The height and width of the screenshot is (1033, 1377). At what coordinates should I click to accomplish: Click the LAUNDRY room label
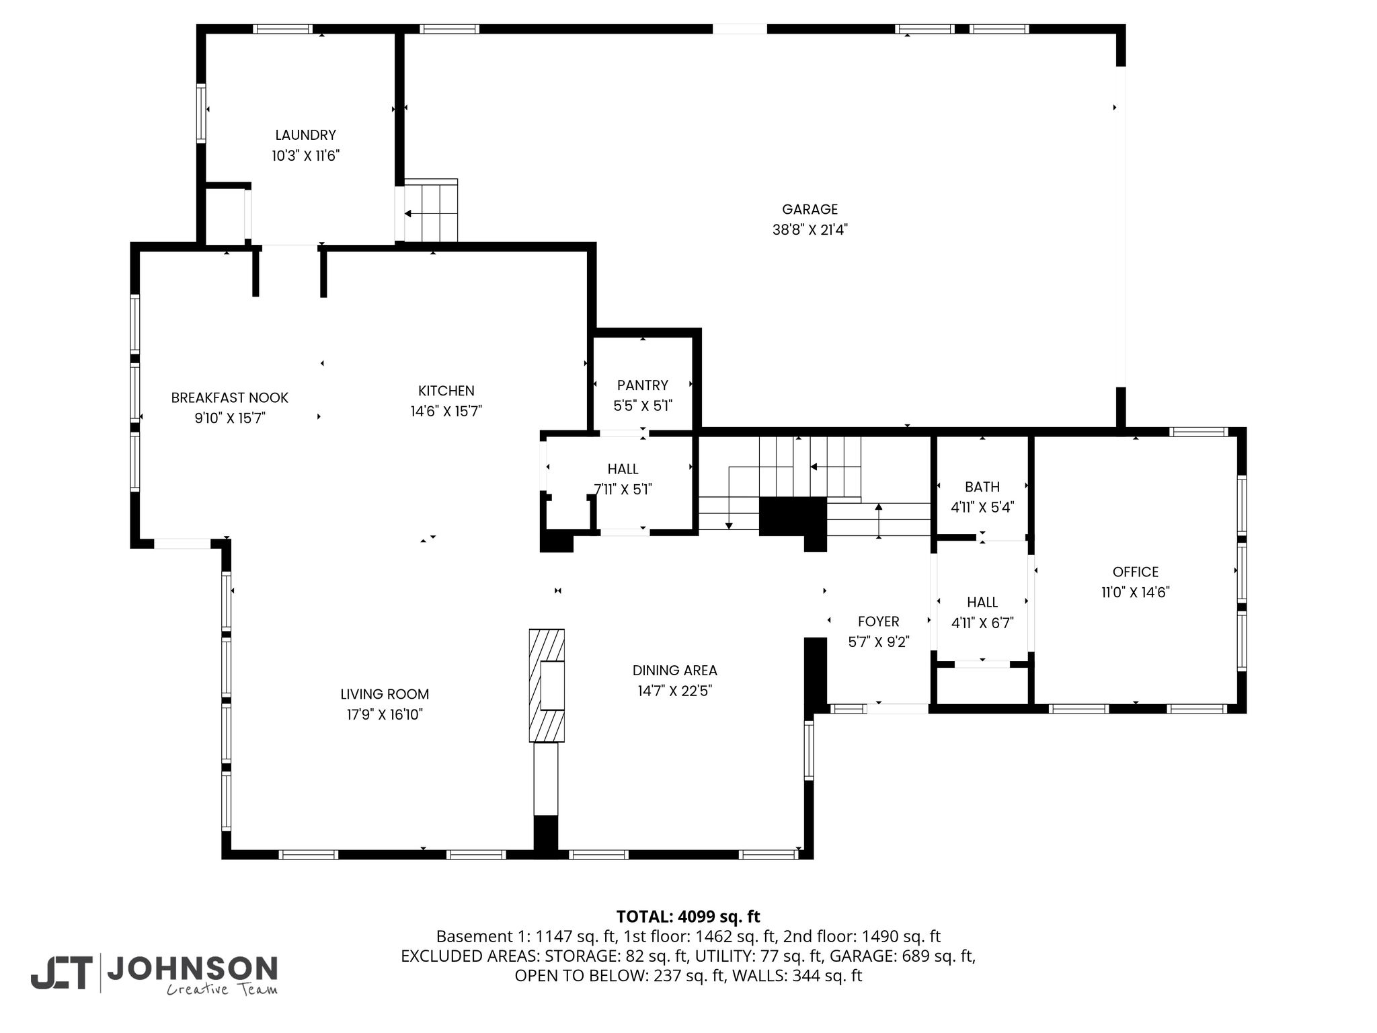click(x=305, y=135)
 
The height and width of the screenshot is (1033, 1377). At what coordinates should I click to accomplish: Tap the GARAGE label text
click(x=810, y=209)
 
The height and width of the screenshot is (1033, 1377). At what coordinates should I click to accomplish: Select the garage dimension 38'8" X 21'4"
click(x=810, y=230)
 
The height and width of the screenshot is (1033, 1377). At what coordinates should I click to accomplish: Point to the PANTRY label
click(x=643, y=385)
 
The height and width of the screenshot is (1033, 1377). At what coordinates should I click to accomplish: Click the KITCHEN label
click(x=446, y=391)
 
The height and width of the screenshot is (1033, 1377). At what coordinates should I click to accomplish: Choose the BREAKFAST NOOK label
click(x=230, y=397)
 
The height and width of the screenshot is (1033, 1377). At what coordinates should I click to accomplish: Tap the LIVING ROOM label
click(x=385, y=694)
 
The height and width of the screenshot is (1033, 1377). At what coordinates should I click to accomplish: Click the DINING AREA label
click(x=675, y=671)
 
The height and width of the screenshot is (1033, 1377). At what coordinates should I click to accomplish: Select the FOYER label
click(x=879, y=621)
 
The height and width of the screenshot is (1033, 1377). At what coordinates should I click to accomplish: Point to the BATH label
click(x=982, y=487)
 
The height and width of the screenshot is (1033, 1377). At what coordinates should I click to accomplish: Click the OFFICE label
click(x=1136, y=572)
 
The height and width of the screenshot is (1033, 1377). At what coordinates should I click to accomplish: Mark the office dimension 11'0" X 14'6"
click(x=1136, y=592)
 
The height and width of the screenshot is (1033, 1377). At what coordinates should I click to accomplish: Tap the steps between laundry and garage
click(x=430, y=211)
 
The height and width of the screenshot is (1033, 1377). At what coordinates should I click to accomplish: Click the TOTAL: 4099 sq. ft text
click(x=688, y=917)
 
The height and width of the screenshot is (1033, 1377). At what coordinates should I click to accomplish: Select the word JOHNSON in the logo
click(x=192, y=968)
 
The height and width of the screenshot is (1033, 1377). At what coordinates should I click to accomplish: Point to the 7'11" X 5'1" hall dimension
click(x=623, y=490)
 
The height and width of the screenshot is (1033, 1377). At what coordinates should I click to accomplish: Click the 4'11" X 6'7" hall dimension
click(x=982, y=623)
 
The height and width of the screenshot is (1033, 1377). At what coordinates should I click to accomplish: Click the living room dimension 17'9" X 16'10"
click(x=385, y=715)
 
